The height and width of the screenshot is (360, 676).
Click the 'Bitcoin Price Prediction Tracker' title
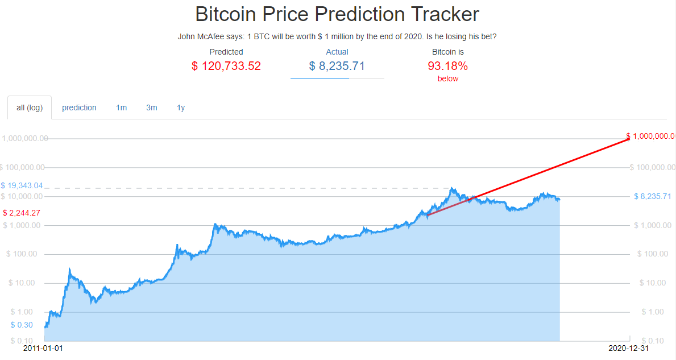pos(337,14)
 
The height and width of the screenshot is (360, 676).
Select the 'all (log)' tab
pos(30,107)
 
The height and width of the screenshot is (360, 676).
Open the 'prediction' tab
pos(79,107)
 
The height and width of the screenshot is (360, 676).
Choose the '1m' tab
pos(121,107)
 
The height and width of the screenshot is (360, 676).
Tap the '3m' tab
pos(151,107)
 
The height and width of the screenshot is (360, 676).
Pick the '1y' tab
pos(181,107)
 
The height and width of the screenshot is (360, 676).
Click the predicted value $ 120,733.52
pos(226,66)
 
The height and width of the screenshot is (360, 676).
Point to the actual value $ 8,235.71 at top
pos(337,66)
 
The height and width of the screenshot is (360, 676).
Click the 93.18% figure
pos(447,66)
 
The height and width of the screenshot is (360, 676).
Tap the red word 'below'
pos(447,79)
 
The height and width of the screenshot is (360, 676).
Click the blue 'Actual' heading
pos(337,52)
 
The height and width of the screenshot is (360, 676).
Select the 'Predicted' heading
pos(226,52)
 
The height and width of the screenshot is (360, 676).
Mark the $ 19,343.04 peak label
pos(22,186)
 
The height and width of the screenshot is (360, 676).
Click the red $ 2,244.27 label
pos(22,213)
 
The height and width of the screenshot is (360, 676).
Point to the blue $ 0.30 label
pos(22,325)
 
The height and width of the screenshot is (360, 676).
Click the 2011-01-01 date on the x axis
pos(43,347)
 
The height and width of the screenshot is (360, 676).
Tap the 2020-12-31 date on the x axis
pos(628,347)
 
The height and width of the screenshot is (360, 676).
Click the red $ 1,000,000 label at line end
pos(650,136)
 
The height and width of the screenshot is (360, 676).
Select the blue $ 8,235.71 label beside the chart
pos(653,197)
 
